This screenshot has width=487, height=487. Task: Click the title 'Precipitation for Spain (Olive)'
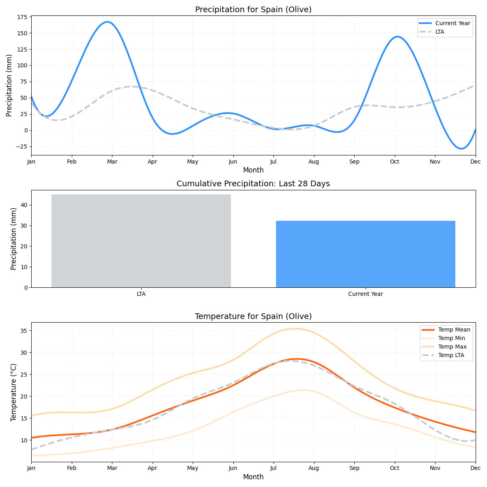click(253, 10)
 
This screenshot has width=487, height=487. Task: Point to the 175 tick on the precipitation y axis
click(22, 17)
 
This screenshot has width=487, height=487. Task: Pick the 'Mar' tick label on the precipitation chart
click(112, 162)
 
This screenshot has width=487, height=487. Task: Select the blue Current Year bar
click(365, 254)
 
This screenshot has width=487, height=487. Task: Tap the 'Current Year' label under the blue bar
click(365, 294)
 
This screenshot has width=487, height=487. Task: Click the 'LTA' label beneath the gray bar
click(141, 294)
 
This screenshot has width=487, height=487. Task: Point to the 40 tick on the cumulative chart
click(24, 205)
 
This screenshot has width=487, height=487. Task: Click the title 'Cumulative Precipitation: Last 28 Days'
click(253, 184)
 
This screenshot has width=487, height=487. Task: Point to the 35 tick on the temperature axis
click(24, 331)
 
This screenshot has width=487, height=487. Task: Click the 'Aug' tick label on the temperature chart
click(314, 468)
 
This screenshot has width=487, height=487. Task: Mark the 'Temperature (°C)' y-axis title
click(14, 392)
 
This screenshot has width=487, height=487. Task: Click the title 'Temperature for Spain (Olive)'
click(253, 317)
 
